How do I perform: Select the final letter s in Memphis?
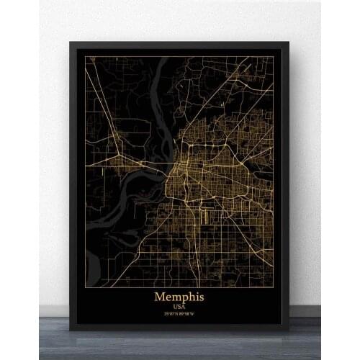click(x=201, y=297)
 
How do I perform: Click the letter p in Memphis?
click(x=182, y=297)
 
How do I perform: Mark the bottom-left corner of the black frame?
click(x=71, y=329)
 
